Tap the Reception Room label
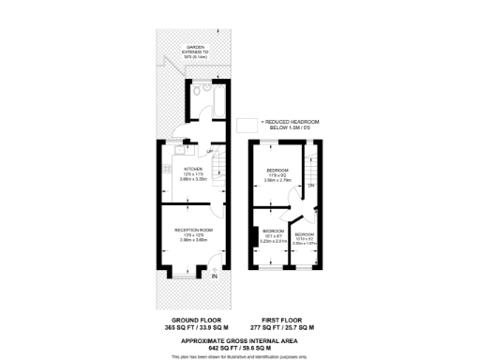(x=193, y=230)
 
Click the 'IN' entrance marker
(x=215, y=276)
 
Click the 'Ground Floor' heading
(x=187, y=319)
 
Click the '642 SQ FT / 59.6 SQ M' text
(x=240, y=349)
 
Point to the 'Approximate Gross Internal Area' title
(x=240, y=341)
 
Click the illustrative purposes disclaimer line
(x=240, y=356)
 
